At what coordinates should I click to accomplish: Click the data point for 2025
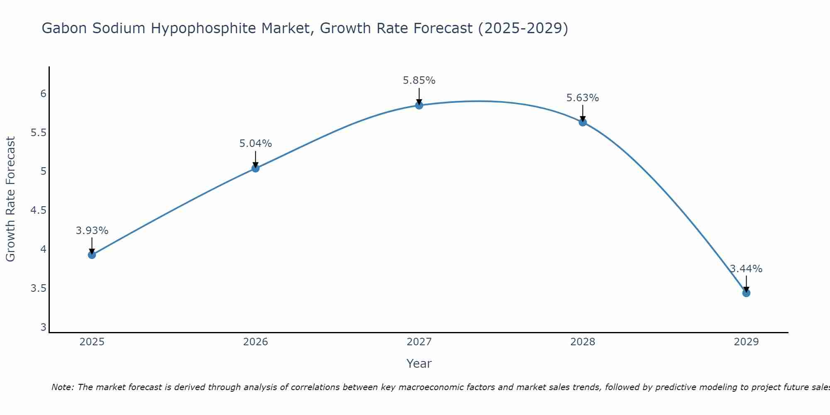click(x=92, y=255)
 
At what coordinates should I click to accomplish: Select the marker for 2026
click(x=256, y=168)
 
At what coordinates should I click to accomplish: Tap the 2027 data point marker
click(x=419, y=105)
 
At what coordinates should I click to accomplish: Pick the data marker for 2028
click(x=583, y=122)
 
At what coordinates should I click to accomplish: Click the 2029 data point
click(x=746, y=293)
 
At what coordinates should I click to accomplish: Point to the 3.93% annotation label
click(x=92, y=231)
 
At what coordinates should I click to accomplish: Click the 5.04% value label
click(x=256, y=144)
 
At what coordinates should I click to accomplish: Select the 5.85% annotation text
click(x=419, y=81)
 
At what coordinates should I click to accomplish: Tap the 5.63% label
click(x=583, y=98)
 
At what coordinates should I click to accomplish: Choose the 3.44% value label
click(x=746, y=269)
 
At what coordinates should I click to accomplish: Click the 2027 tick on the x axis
click(x=419, y=342)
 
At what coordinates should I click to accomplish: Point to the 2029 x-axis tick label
click(x=746, y=342)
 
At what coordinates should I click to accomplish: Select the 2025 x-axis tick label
click(x=92, y=342)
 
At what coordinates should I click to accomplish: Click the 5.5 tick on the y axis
click(x=38, y=133)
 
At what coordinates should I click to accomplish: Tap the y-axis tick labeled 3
click(x=43, y=327)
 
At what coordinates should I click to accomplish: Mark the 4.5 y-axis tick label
click(x=38, y=210)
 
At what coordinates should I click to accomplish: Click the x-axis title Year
click(x=419, y=364)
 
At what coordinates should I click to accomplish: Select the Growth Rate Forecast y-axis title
click(x=10, y=199)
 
